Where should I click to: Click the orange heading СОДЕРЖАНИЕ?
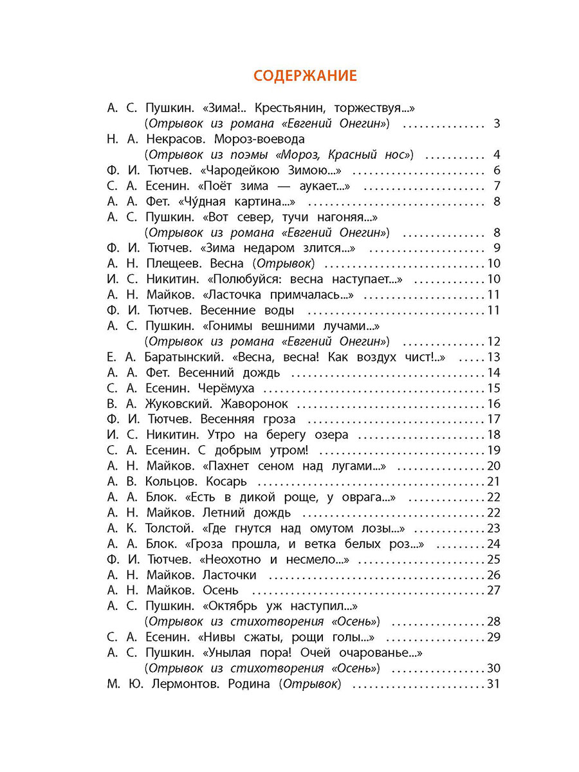[305, 76]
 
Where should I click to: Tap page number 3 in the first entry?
[496, 124]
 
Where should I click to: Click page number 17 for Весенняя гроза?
[493, 419]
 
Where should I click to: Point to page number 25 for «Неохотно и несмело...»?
[493, 560]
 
